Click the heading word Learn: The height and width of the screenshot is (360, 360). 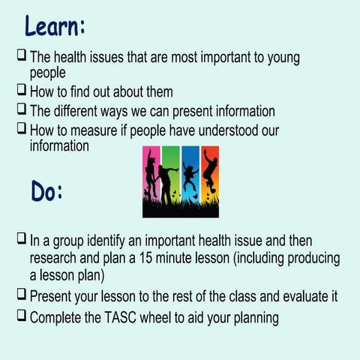tap(54, 25)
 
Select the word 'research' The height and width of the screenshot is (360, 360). tap(57, 259)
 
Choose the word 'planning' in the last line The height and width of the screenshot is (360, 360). tap(253, 318)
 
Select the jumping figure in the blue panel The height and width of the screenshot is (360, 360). tap(190, 177)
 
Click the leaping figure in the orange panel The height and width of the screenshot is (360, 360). tap(209, 176)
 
